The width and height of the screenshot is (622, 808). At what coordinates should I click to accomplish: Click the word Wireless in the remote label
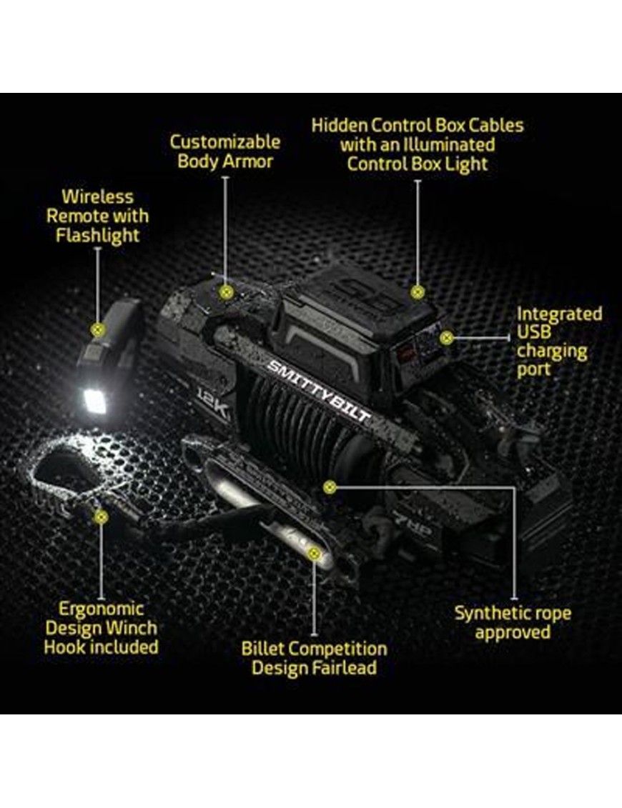pyautogui.click(x=97, y=197)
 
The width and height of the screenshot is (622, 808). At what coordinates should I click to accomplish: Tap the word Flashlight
pyautogui.click(x=97, y=236)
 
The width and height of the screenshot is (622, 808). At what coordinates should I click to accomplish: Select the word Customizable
pyautogui.click(x=225, y=141)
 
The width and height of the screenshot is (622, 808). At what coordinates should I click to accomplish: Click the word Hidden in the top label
pyautogui.click(x=340, y=125)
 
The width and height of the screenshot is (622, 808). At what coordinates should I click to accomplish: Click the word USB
pyautogui.click(x=534, y=332)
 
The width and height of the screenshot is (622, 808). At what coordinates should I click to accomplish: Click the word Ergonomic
pyautogui.click(x=101, y=609)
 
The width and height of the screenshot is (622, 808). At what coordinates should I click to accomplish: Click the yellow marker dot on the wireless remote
pyautogui.click(x=97, y=330)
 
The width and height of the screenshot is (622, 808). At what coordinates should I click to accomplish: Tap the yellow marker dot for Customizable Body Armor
pyautogui.click(x=226, y=293)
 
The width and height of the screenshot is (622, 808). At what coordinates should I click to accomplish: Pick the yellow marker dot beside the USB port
pyautogui.click(x=447, y=338)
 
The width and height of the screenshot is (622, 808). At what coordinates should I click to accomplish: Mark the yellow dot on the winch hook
pyautogui.click(x=102, y=517)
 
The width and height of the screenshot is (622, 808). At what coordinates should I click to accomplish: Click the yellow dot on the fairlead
pyautogui.click(x=313, y=554)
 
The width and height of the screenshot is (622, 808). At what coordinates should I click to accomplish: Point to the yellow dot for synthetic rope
pyautogui.click(x=330, y=487)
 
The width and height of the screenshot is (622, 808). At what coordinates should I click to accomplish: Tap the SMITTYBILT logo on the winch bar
pyautogui.click(x=318, y=391)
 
